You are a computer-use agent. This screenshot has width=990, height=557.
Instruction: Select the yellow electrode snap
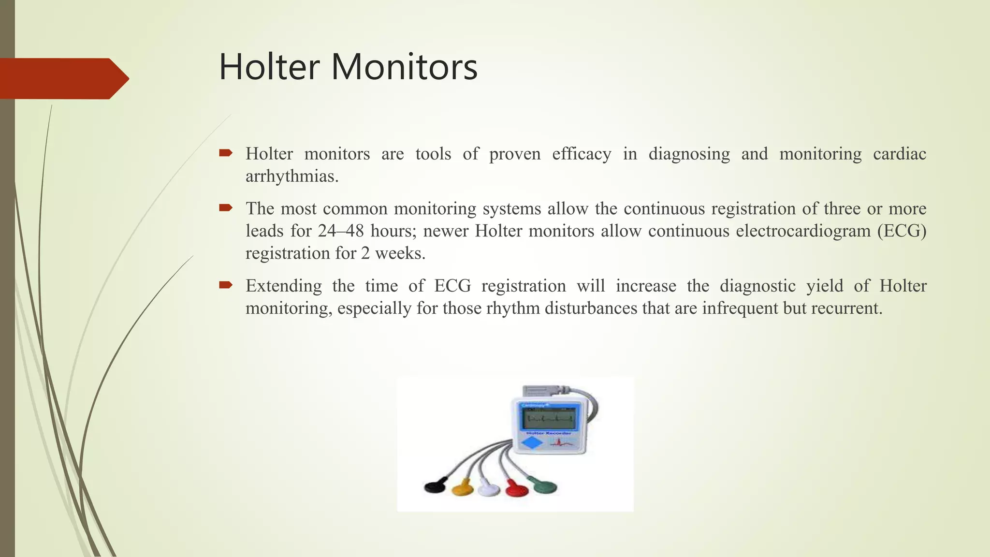[x=463, y=488]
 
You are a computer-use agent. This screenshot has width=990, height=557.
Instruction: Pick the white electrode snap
[x=489, y=489]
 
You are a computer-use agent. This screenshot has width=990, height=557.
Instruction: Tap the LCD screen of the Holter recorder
[x=550, y=417]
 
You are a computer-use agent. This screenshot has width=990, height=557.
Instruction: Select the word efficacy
[x=582, y=154]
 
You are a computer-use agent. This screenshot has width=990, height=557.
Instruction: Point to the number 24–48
[x=341, y=231]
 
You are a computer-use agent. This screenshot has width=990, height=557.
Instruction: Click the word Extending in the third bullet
[x=284, y=286]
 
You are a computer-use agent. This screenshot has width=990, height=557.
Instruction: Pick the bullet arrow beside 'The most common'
[x=226, y=208]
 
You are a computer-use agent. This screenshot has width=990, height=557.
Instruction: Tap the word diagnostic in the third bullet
[x=757, y=286]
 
